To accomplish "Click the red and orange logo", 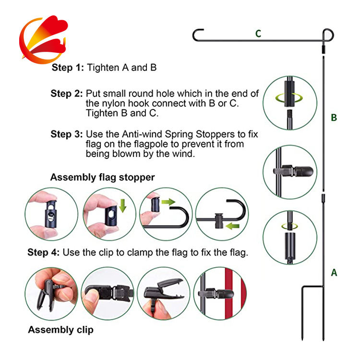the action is point(44,39).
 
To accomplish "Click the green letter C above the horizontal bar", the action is point(258,34).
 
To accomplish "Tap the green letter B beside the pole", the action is point(334,118).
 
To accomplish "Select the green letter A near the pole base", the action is point(334,273).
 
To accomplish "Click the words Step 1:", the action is point(68,68).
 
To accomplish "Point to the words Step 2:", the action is point(67,94).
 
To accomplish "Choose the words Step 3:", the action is point(67,134).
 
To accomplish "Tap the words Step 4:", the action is point(44,252).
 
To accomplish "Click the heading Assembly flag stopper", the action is point(102,177).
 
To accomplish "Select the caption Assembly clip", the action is point(60,330).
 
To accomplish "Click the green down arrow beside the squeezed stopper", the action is point(123,205).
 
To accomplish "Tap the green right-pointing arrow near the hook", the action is point(168,202).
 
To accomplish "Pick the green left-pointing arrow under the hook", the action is point(233,226).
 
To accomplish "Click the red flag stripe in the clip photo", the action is point(229,294).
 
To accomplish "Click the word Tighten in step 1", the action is point(103,68).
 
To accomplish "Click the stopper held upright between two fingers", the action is point(51,214).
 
